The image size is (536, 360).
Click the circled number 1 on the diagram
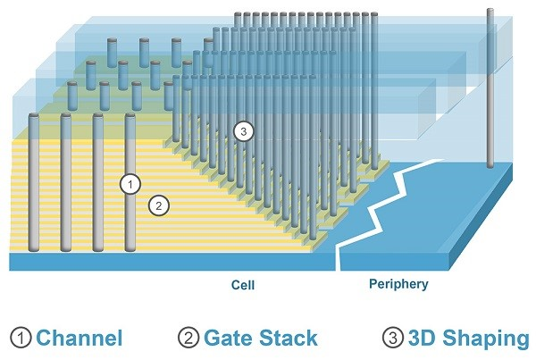tap(130, 185)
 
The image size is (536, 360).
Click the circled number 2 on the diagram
tap(157, 205)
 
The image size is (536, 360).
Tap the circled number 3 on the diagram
tap(243, 131)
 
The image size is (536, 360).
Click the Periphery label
tap(398, 285)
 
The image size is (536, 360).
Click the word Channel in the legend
tap(79, 338)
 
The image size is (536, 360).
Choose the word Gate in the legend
tap(227, 338)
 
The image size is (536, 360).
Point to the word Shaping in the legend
tap(484, 338)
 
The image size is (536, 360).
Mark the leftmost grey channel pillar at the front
tap(34, 183)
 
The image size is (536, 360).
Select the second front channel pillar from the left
tap(66, 183)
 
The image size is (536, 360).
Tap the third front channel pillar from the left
tap(98, 183)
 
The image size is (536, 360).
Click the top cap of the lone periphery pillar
tap(490, 11)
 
